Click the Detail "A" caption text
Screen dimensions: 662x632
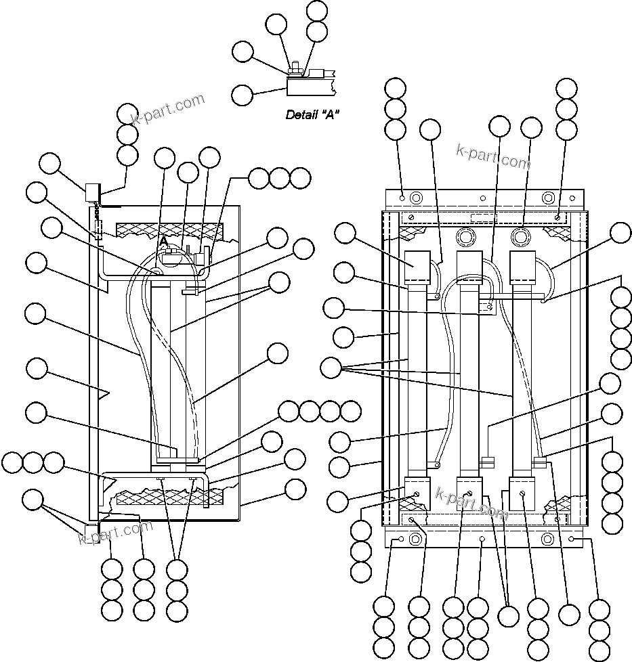(x=312, y=115)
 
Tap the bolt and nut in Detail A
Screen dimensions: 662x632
(x=296, y=68)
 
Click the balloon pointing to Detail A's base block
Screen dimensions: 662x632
(x=243, y=95)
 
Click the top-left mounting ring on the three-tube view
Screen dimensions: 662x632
(x=416, y=198)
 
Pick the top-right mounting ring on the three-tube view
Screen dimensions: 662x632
(x=547, y=198)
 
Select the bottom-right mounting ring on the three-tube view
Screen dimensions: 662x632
(x=547, y=539)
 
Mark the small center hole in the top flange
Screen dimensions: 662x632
(x=482, y=199)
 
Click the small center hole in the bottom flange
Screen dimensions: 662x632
(x=482, y=539)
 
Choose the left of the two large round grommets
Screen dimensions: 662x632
(x=465, y=237)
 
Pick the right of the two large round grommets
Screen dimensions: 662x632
(x=521, y=237)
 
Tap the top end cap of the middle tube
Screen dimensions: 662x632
(x=469, y=267)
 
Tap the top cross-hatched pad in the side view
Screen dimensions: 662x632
(x=169, y=230)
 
